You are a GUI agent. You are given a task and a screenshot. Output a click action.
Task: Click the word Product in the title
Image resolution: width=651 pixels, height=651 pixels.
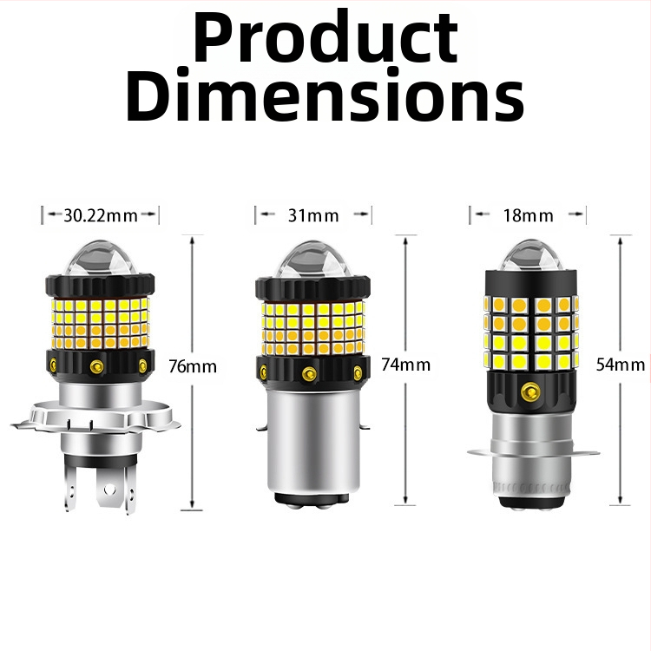(325, 39)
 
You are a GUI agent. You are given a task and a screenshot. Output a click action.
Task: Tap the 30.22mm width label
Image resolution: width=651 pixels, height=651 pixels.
(101, 215)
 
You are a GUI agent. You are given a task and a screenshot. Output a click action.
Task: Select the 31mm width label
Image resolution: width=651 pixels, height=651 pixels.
(313, 215)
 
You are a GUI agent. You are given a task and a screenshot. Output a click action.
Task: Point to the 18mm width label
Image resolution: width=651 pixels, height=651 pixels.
(528, 215)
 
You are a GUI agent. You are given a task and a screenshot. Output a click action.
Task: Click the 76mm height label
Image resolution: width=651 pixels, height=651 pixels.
(193, 366)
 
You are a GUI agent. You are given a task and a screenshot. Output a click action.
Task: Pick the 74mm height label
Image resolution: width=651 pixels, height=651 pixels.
(405, 365)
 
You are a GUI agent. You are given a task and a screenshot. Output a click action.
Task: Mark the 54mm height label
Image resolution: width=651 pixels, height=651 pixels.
(621, 365)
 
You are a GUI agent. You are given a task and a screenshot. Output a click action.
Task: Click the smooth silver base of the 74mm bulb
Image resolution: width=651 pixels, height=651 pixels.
(312, 443)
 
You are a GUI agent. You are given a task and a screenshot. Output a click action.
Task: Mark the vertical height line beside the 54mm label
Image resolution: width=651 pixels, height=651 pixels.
(619, 295)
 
